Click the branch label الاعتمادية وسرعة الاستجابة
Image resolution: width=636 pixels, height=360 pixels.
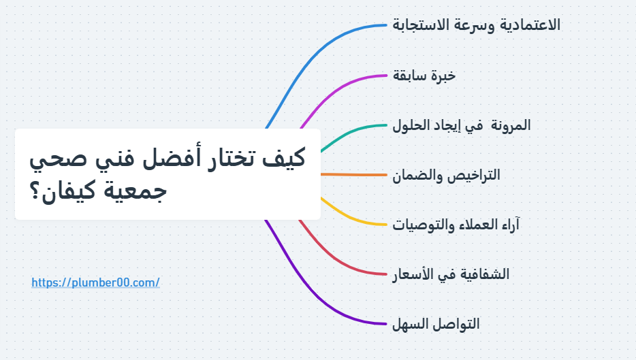tap(476, 26)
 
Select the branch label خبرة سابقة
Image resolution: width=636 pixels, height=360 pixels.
tap(424, 76)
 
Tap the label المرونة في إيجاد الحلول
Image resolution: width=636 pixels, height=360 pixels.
tap(461, 125)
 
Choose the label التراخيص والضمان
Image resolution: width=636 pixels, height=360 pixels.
tap(445, 175)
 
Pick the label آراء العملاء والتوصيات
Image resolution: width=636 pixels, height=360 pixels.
tap(456, 225)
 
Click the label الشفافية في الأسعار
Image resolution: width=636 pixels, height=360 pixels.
tap(450, 274)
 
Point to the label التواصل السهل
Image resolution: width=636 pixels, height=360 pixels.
tap(435, 324)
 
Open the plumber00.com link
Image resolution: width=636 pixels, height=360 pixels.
tap(95, 282)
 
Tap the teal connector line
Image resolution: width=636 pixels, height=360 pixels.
tap(347, 133)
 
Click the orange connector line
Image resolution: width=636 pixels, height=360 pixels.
tap(354, 175)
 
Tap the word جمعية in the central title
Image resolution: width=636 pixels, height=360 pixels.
tap(136, 191)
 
